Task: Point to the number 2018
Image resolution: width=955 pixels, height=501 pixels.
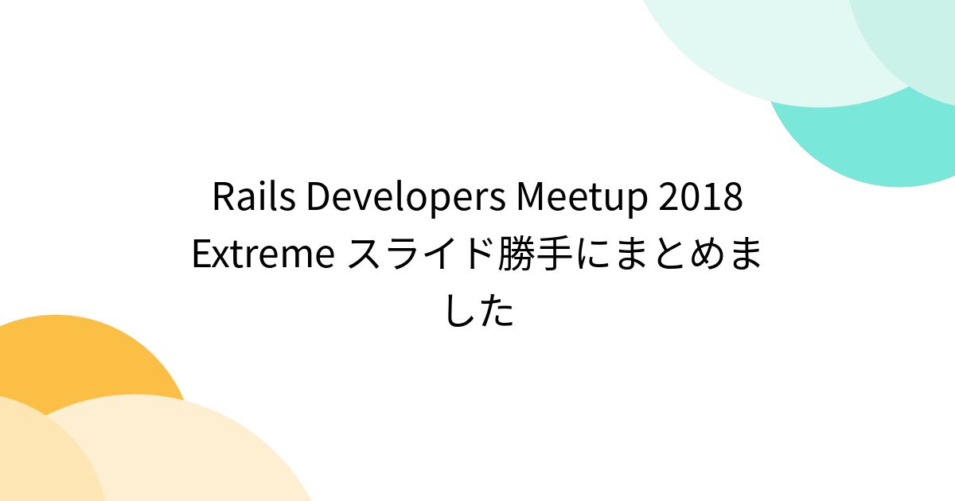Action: [700, 198]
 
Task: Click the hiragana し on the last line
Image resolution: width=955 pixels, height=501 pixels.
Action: [460, 312]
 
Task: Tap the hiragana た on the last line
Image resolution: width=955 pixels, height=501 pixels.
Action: [497, 312]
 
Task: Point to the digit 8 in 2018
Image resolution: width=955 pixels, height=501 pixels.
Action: [733, 198]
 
